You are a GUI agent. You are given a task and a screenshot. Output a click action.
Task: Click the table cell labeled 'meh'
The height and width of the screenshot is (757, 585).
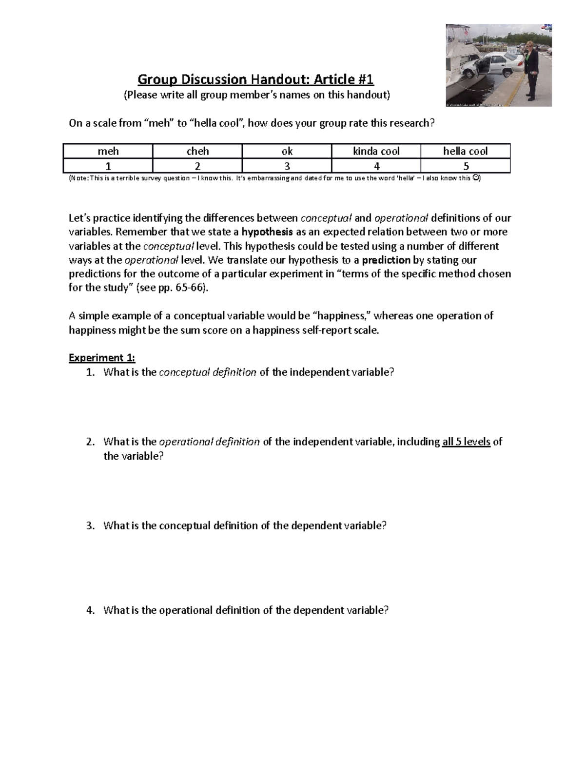pyautogui.click(x=108, y=151)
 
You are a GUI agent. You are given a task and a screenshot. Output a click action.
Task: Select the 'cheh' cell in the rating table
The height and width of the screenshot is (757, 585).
pyautogui.click(x=197, y=151)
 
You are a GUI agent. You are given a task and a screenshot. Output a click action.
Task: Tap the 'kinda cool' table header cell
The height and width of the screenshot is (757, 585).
pyautogui.click(x=376, y=151)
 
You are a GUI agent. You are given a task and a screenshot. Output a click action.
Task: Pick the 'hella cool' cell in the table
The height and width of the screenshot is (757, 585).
pyautogui.click(x=465, y=151)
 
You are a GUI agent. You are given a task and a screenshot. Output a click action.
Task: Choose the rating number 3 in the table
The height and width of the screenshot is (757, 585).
pyautogui.click(x=287, y=166)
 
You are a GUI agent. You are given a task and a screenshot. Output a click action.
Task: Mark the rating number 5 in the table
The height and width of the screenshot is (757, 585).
pyautogui.click(x=466, y=166)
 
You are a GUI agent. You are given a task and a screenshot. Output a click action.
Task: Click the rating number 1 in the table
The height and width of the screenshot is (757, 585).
pyautogui.click(x=108, y=166)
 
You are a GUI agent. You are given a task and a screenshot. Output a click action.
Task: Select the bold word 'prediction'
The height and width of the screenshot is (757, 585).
pyautogui.click(x=386, y=260)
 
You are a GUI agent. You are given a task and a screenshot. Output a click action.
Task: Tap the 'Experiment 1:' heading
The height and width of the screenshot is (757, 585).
pyautogui.click(x=102, y=358)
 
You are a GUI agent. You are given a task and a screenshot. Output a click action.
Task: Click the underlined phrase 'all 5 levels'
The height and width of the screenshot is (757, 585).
pyautogui.click(x=466, y=442)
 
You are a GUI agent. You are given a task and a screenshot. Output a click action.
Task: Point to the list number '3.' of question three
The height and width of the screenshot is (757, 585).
pyautogui.click(x=90, y=526)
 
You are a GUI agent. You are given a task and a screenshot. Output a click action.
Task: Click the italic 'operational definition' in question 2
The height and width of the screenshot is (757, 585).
pyautogui.click(x=209, y=442)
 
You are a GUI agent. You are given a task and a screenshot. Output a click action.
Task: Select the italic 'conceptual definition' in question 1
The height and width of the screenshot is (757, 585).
pyautogui.click(x=208, y=372)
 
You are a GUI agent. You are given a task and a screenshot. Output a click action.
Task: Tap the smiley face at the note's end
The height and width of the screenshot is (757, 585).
pyautogui.click(x=476, y=178)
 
